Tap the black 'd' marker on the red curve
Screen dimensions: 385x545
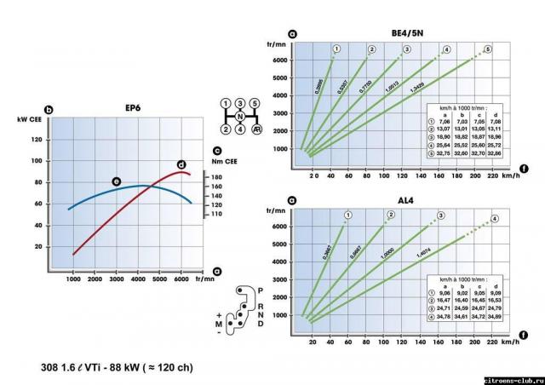pyautogui.click(x=181, y=164)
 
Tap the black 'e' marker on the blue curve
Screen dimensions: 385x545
pyautogui.click(x=116, y=181)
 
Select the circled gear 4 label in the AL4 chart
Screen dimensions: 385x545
pyautogui.click(x=494, y=219)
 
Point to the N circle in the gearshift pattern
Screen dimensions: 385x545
pyautogui.click(x=241, y=116)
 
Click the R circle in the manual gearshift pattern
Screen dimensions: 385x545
pyautogui.click(x=256, y=129)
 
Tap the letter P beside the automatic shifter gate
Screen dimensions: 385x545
pyautogui.click(x=260, y=290)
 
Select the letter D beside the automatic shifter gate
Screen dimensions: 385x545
pyautogui.click(x=261, y=324)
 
